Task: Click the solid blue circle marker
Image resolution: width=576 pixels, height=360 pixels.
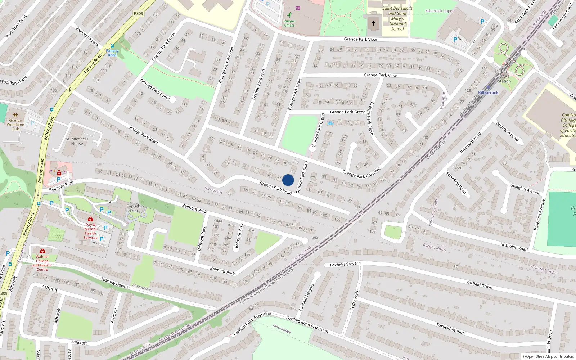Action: point(288,180)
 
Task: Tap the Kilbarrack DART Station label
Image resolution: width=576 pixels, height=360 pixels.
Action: point(504,76)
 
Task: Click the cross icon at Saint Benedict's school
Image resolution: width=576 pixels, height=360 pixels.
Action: point(374,23)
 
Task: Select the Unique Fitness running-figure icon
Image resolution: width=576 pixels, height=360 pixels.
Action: point(289,15)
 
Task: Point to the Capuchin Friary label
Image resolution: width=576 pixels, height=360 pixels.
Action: point(135,208)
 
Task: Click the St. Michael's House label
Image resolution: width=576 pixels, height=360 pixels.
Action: point(77,141)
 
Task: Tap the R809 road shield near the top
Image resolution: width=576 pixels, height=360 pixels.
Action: point(138,13)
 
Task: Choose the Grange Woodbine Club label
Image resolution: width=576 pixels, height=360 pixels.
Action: point(15,125)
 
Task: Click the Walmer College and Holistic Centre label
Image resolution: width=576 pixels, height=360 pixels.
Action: point(42,263)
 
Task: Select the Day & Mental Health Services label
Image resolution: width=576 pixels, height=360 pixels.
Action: point(90,231)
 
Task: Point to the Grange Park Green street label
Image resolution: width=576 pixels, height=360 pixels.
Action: point(347,112)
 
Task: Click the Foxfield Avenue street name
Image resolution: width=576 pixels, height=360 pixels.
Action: point(450,328)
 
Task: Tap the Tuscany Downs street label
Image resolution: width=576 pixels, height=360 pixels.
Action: point(114,283)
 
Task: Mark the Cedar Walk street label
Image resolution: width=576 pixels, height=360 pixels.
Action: point(355,300)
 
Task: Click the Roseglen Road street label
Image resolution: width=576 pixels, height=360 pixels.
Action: point(514,247)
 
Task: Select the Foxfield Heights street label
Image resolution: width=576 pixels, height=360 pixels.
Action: point(307,297)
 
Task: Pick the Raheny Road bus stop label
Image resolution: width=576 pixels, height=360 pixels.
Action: point(112,53)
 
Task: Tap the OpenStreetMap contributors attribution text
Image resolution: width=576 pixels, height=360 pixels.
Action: point(548,356)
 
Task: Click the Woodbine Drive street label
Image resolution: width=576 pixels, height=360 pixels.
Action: point(16,26)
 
